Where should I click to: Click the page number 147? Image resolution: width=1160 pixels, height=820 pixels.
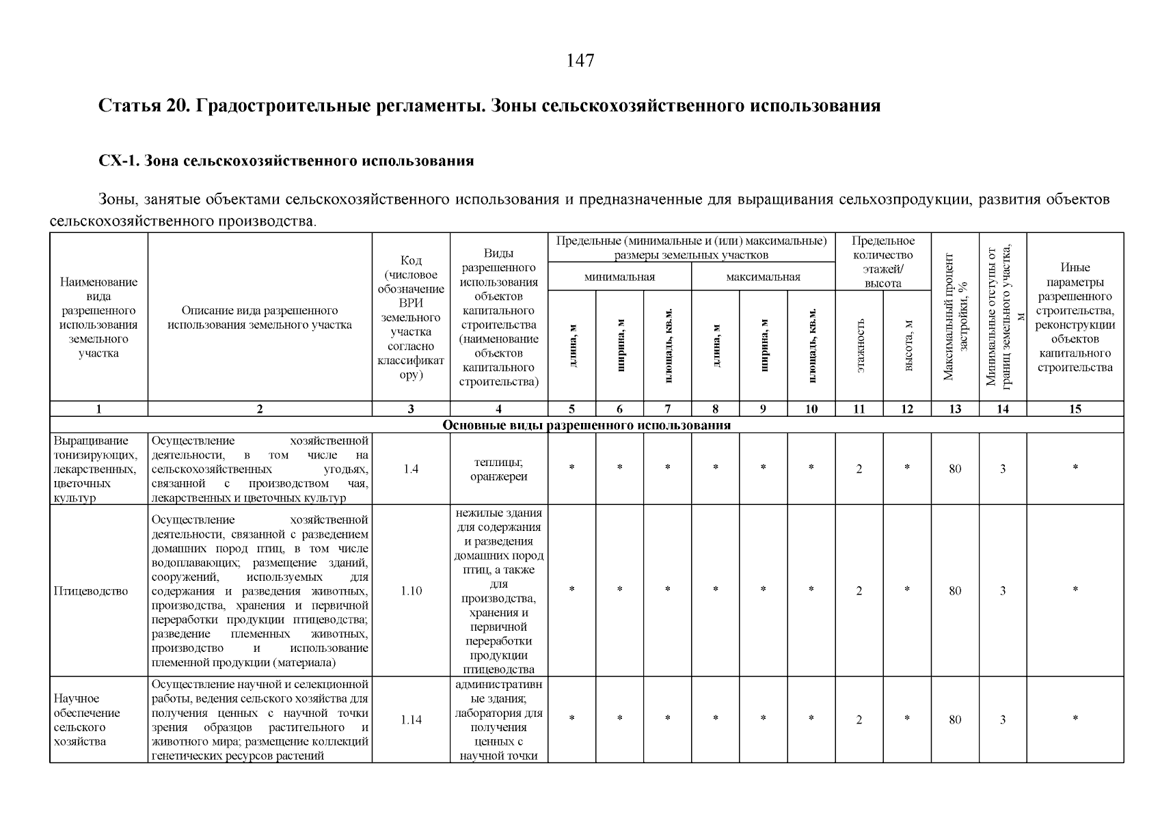[580, 61]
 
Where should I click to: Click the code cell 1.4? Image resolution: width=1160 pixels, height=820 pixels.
[411, 469]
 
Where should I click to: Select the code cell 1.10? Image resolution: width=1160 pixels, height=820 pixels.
[411, 591]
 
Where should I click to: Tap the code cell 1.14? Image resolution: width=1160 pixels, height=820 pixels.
[411, 720]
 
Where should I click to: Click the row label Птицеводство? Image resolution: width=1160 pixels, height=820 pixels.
[91, 591]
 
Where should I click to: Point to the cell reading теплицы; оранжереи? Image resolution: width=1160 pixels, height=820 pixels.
[498, 469]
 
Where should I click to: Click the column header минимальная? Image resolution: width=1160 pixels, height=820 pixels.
[619, 277]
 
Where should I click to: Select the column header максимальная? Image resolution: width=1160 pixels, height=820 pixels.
[763, 277]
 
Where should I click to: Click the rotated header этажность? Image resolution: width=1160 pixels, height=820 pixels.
[860, 345]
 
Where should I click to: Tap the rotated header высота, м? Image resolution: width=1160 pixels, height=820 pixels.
[908, 345]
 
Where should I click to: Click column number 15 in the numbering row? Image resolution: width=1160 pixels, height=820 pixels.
[1075, 409]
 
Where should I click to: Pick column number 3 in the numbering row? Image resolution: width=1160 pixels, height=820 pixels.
[411, 409]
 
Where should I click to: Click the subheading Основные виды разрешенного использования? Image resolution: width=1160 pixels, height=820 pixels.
[586, 425]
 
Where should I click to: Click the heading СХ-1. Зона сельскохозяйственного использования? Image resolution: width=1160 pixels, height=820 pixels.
[286, 161]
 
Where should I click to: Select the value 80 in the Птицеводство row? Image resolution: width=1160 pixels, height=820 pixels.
[955, 591]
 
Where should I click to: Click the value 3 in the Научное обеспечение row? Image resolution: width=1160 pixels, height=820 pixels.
[1003, 720]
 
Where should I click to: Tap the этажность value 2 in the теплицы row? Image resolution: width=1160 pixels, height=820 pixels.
[859, 469]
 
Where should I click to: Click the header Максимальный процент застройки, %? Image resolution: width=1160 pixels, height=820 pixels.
[955, 316]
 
